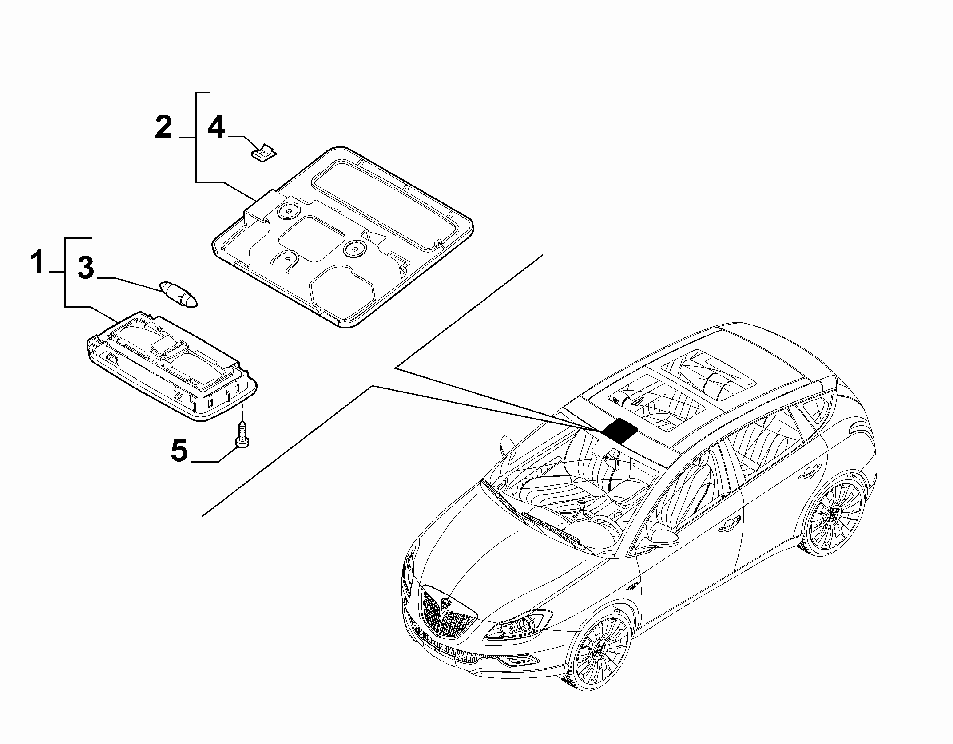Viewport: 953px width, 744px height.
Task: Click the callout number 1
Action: tap(39, 262)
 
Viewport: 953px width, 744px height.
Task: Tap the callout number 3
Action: tap(86, 268)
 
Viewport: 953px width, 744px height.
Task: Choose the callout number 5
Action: tap(179, 451)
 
